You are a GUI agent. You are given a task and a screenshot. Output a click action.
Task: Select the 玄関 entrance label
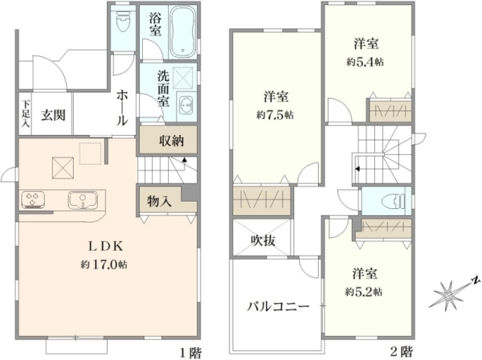tap(54, 113)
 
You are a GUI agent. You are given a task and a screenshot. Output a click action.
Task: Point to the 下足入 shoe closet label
tap(26, 113)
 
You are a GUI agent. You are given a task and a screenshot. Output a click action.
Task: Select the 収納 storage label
tap(170, 141)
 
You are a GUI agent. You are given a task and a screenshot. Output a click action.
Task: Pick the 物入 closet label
tap(159, 201)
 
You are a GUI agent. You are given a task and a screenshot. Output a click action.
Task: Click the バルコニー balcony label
tap(278, 306)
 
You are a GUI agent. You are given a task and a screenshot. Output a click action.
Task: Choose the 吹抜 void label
tap(263, 239)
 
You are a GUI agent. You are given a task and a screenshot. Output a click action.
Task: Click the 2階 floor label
tap(401, 351)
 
